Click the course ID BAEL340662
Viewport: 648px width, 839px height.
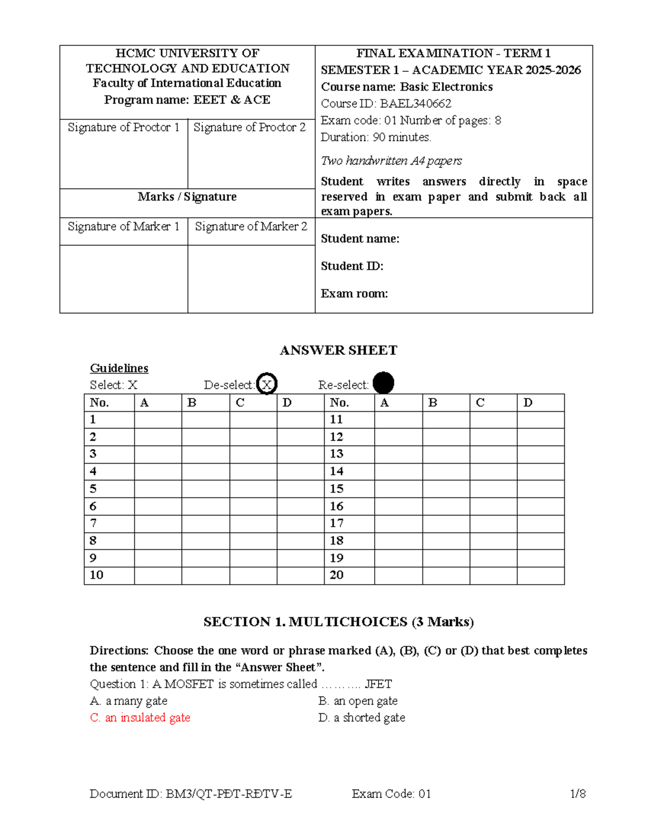pyautogui.click(x=415, y=103)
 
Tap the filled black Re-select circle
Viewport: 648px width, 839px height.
pyautogui.click(x=383, y=383)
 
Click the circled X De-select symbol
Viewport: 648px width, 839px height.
pyautogui.click(x=266, y=384)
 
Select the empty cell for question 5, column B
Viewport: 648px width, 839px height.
pyautogui.click(x=205, y=489)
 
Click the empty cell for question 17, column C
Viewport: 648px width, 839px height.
pyautogui.click(x=493, y=523)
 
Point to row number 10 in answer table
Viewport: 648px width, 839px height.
pyautogui.click(x=97, y=575)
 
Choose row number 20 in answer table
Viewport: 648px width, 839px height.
pyautogui.click(x=337, y=575)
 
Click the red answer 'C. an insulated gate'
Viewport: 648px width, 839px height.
pyautogui.click(x=140, y=718)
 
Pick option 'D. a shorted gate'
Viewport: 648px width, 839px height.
pyautogui.click(x=362, y=718)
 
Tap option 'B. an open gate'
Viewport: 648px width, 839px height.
pyautogui.click(x=358, y=701)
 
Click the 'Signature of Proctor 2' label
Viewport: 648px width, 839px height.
pyautogui.click(x=249, y=127)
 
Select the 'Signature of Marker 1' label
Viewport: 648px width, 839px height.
pyautogui.click(x=123, y=227)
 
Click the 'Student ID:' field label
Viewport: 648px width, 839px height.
pyautogui.click(x=352, y=266)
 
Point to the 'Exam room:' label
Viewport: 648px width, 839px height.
pyautogui.click(x=354, y=294)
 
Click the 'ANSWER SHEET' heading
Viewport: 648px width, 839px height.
pyautogui.click(x=338, y=351)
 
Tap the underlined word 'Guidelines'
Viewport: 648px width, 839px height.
pyautogui.click(x=119, y=368)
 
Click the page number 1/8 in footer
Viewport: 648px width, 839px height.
pyautogui.click(x=578, y=794)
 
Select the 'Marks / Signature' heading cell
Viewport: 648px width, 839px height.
pyautogui.click(x=187, y=197)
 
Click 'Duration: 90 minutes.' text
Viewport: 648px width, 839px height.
pyautogui.click(x=376, y=137)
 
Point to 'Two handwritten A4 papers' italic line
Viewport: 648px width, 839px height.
pyautogui.click(x=391, y=161)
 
